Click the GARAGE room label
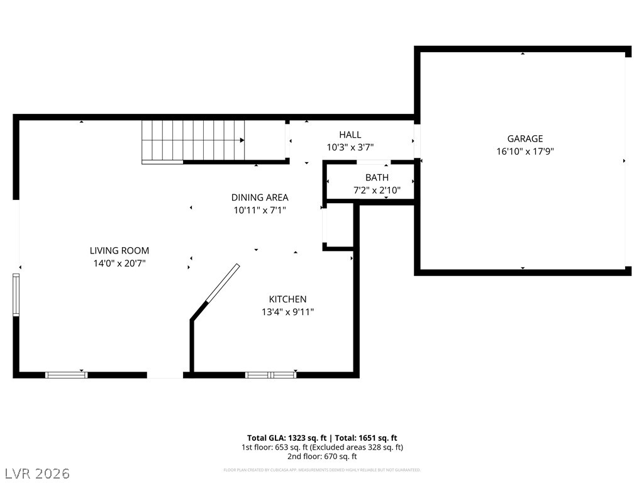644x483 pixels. pyautogui.click(x=525, y=139)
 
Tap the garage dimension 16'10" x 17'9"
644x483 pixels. pyautogui.click(x=525, y=152)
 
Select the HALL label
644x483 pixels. pyautogui.click(x=350, y=135)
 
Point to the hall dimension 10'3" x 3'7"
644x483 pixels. pyautogui.click(x=350, y=147)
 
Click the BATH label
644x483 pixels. pyautogui.click(x=377, y=178)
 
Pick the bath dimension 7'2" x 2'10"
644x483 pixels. pyautogui.click(x=377, y=190)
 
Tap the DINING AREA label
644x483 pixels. pyautogui.click(x=260, y=197)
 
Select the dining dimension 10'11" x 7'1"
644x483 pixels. pyautogui.click(x=260, y=211)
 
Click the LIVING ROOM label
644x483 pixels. pyautogui.click(x=119, y=251)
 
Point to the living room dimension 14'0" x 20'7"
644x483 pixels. pyautogui.click(x=119, y=264)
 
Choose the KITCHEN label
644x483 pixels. pyautogui.click(x=287, y=299)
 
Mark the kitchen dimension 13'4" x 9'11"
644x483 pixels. pyautogui.click(x=287, y=311)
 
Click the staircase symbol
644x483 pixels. pyautogui.click(x=192, y=142)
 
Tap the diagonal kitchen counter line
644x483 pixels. pyautogui.click(x=222, y=284)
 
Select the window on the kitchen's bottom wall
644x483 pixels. pyautogui.click(x=270, y=375)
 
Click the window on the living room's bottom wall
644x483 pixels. pyautogui.click(x=66, y=375)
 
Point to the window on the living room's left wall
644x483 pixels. pyautogui.click(x=16, y=294)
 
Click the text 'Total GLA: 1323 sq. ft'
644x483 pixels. pyautogui.click(x=286, y=438)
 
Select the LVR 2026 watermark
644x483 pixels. pyautogui.click(x=37, y=473)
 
